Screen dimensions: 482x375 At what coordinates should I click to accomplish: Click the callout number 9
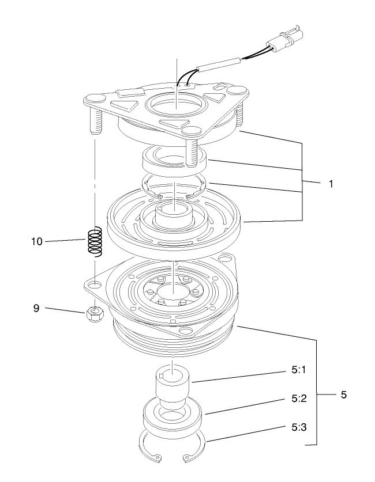tap(36, 309)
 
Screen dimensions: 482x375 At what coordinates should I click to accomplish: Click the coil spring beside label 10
tap(95, 241)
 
